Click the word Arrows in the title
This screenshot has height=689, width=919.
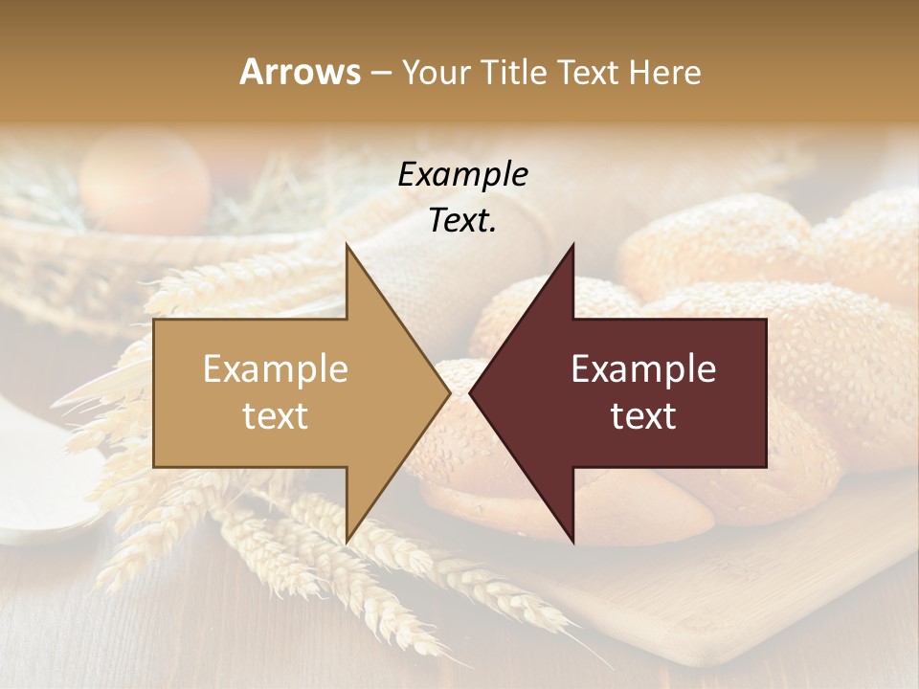point(300,72)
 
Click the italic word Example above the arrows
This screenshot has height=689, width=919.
point(462,175)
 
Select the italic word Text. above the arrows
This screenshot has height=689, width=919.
point(462,221)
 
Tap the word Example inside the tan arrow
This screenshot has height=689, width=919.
point(276,369)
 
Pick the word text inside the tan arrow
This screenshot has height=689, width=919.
point(276,416)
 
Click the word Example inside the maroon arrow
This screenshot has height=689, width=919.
point(643,369)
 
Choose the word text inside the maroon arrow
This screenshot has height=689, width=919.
point(643,416)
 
